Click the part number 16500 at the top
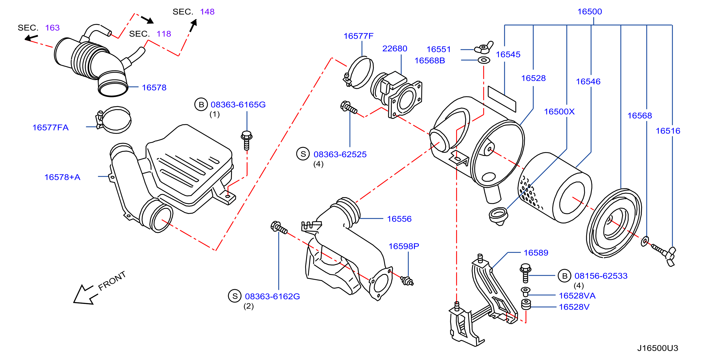tap(590, 12)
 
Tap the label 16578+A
tap(62, 177)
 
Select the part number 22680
tap(395, 48)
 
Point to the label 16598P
tap(404, 246)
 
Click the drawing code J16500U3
tap(658, 348)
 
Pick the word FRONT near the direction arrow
tap(112, 281)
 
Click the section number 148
tap(207, 12)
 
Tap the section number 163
tap(52, 27)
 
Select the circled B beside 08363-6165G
tap(201, 104)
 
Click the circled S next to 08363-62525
tap(303, 154)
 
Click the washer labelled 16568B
tap(484, 60)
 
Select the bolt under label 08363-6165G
tap(247, 140)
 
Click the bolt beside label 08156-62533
tap(525, 273)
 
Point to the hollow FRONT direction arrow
tap(86, 295)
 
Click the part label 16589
tap(536, 253)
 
